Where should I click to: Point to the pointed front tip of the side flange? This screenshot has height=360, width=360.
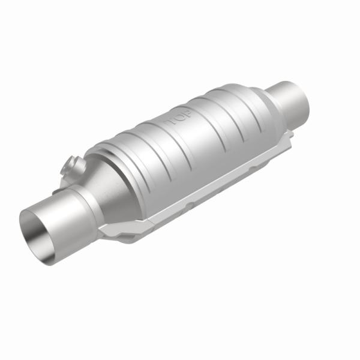pyautogui.click(x=103, y=231)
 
